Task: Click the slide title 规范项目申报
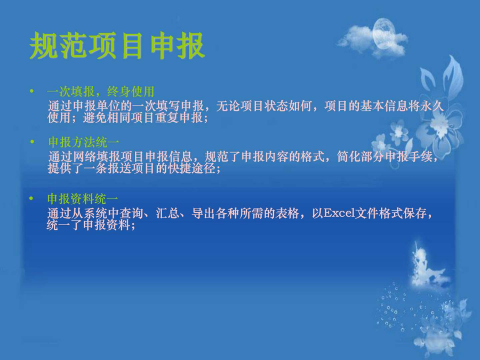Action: click(117, 45)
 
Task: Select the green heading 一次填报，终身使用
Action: click(101, 92)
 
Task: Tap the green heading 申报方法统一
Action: click(84, 142)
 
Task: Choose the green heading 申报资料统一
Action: click(83, 199)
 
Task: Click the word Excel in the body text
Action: click(339, 213)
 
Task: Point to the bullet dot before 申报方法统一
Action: click(33, 141)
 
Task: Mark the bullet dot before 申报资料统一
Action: click(31, 198)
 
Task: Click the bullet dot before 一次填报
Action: click(31, 91)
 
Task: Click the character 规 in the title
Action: click(44, 45)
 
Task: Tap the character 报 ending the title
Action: click(191, 45)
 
